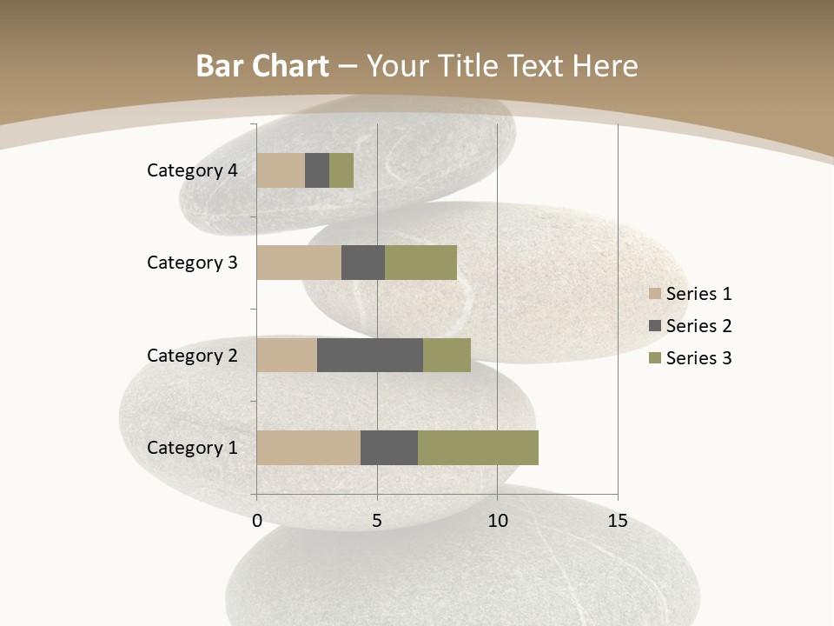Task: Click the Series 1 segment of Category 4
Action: point(281,170)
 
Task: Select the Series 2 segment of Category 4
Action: point(317,170)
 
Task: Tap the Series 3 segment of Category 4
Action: point(341,170)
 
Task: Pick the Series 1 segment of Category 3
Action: point(299,263)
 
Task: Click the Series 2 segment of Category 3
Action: point(363,263)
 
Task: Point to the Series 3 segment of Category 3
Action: point(420,263)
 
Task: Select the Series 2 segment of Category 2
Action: point(370,355)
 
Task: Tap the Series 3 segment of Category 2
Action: point(447,355)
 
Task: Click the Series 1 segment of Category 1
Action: point(308,448)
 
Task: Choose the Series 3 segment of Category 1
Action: point(478,448)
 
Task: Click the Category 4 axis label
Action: point(192,170)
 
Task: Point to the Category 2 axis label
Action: point(192,356)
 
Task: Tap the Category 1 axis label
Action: point(192,448)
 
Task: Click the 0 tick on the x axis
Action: point(257,521)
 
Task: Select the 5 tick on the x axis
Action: point(377,521)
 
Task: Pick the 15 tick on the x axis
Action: point(618,521)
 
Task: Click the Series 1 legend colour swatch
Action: point(654,294)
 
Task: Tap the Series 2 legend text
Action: point(698,326)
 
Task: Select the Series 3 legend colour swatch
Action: point(654,358)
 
